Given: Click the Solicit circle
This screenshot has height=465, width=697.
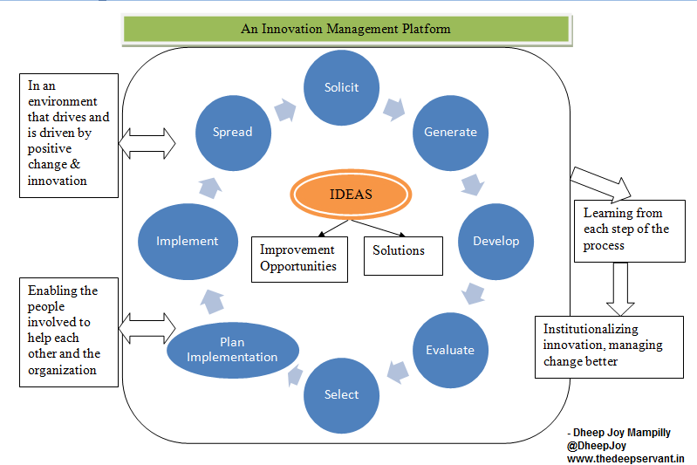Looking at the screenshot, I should point(342,87).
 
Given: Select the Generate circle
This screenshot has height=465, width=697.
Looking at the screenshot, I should point(450,133).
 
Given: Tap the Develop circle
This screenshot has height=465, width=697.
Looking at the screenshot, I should point(495,241).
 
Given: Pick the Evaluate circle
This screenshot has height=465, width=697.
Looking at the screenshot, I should point(450,350).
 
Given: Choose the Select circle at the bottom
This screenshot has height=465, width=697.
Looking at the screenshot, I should point(341,394).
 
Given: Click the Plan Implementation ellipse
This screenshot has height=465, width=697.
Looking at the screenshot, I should point(232,350).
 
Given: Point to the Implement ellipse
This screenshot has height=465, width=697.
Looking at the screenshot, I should point(187,242).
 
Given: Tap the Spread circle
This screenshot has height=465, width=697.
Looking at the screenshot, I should point(232,133).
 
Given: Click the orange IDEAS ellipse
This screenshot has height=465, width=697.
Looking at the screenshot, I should point(351,195).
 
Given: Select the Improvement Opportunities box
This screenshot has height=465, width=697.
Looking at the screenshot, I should point(299,258).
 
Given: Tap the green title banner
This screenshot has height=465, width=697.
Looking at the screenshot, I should point(345,29).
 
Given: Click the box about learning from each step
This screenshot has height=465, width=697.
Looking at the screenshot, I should point(628,229).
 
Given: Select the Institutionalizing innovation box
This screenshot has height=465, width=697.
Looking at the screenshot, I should point(608,346).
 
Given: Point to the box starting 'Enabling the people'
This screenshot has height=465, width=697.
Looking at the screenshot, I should point(69,331).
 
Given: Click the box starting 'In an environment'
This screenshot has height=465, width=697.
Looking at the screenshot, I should point(69,134).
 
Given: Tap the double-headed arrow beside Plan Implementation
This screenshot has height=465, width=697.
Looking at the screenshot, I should point(147,330).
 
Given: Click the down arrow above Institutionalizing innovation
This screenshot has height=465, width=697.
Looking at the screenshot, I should point(620,288).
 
